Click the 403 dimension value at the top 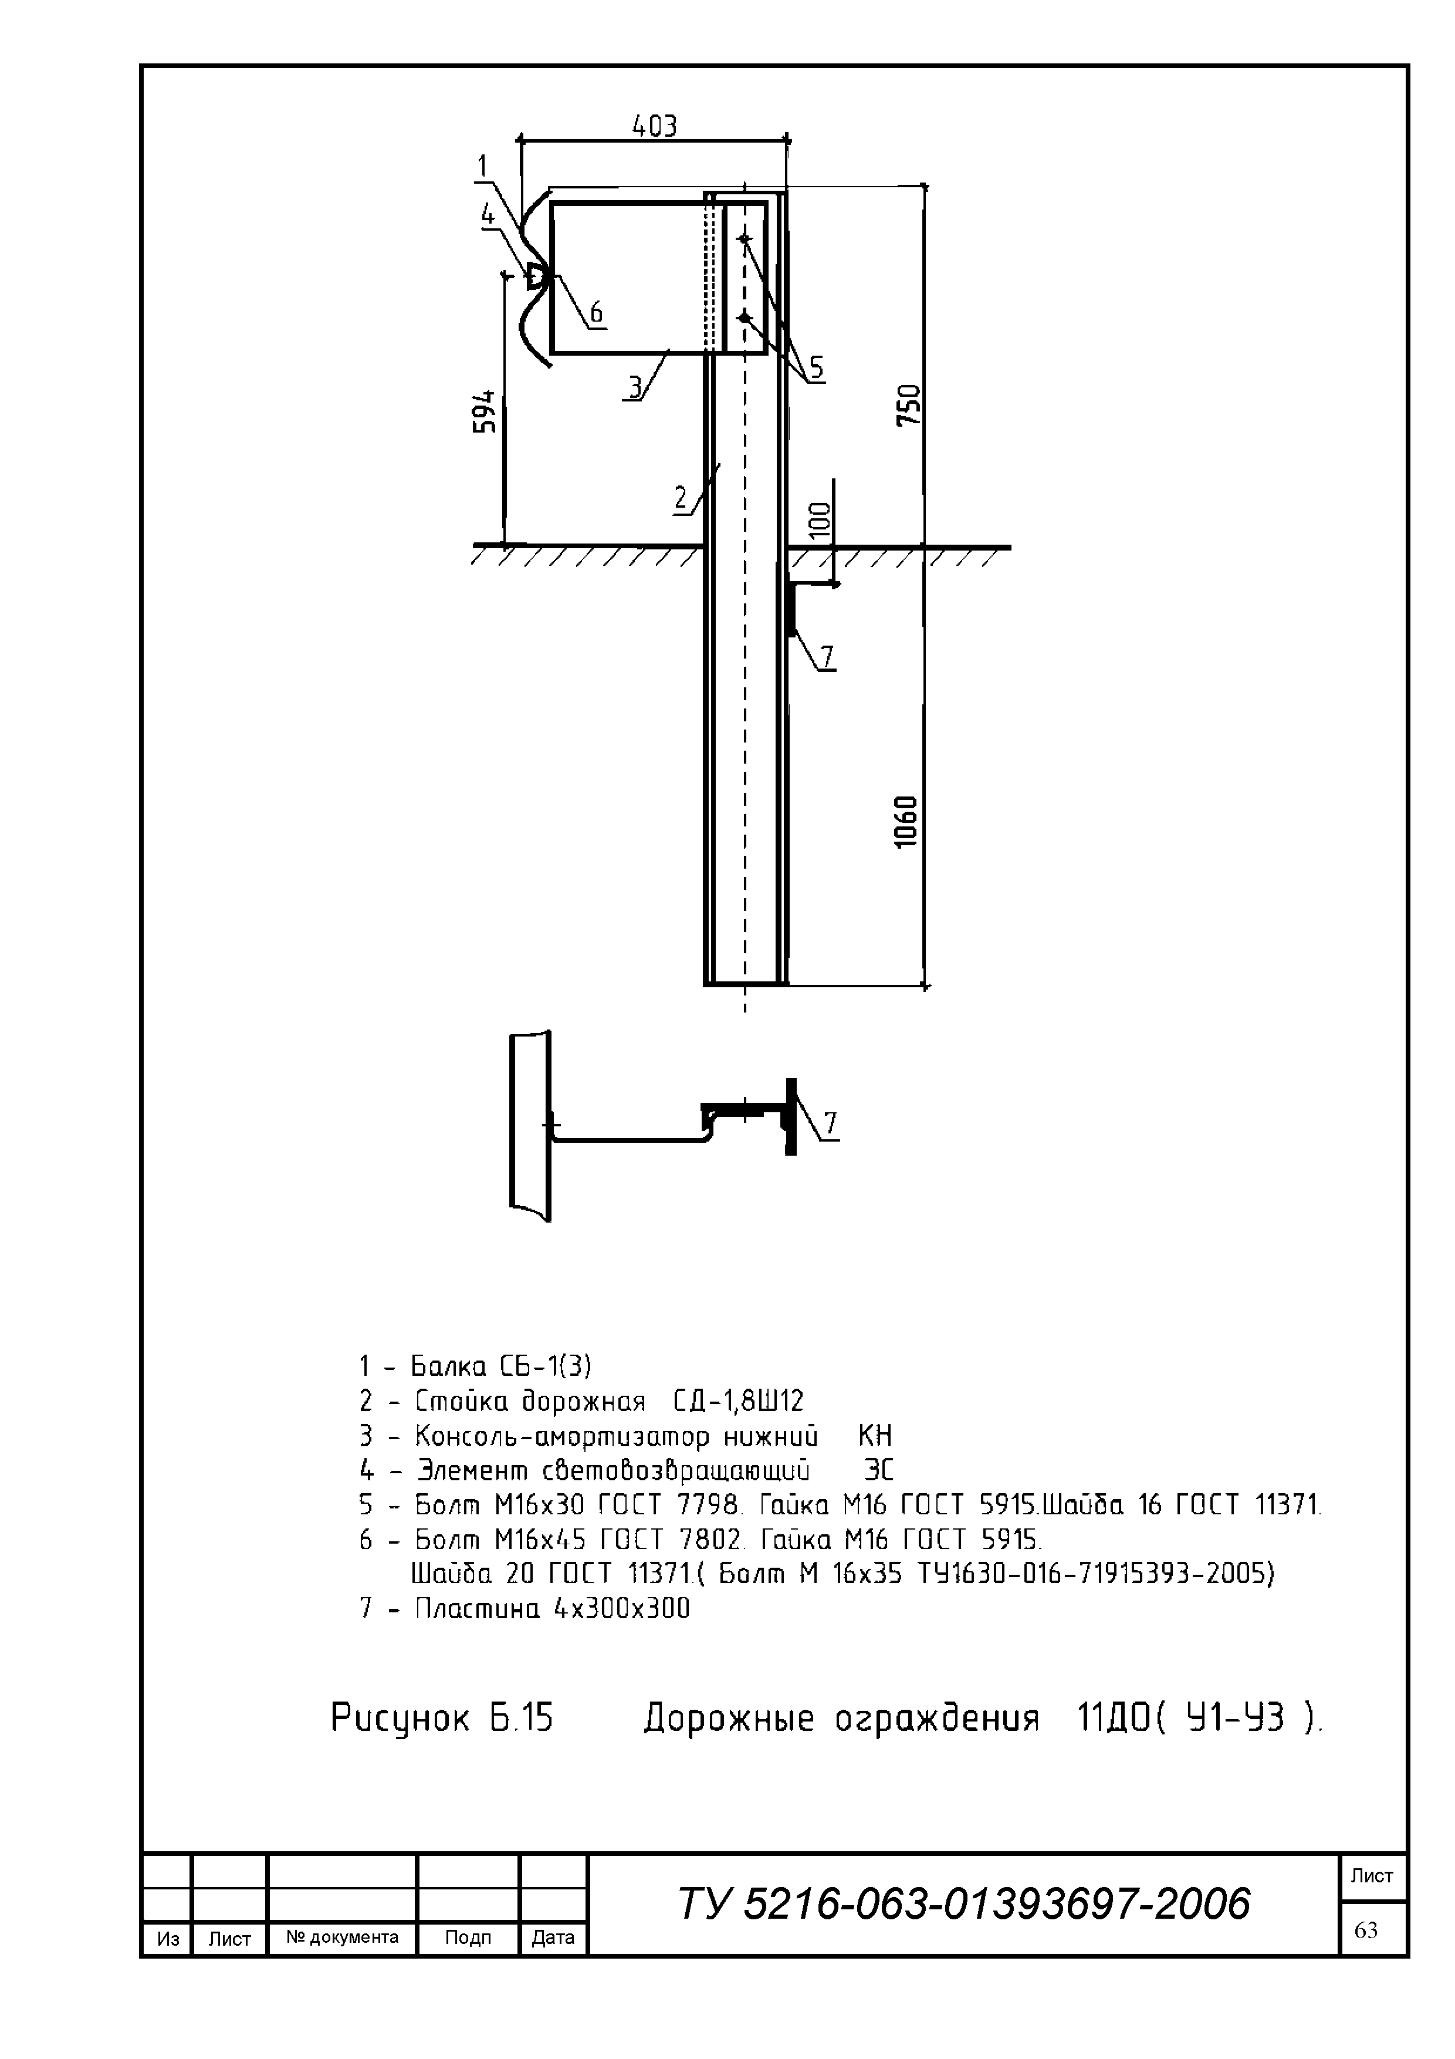coord(654,126)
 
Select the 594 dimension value coord(485,411)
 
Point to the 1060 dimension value coord(906,822)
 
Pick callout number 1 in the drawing coord(482,166)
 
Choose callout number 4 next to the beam coord(488,214)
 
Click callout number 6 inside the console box coord(595,313)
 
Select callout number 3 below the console coord(635,387)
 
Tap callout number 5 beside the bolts coord(816,367)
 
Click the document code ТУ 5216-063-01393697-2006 coord(964,1903)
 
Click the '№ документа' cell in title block coord(343,1936)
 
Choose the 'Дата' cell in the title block coord(553,1937)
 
